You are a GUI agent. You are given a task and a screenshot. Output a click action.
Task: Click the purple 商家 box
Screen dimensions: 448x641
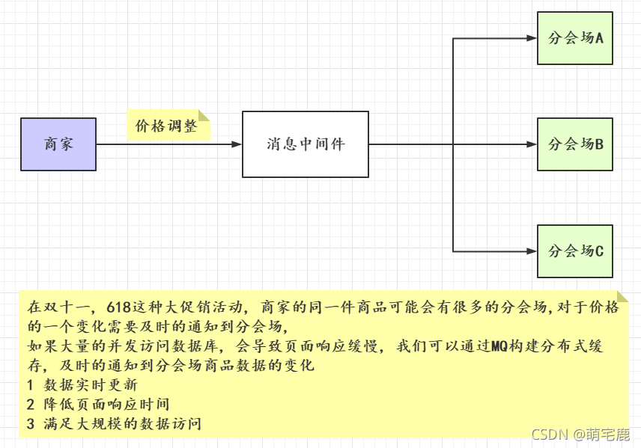[58, 144]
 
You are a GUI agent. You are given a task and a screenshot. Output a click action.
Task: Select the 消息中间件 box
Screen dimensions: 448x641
[306, 144]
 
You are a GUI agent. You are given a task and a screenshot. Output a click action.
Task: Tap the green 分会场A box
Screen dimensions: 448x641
[575, 38]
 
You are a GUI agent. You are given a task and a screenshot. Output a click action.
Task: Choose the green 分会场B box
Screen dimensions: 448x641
[575, 144]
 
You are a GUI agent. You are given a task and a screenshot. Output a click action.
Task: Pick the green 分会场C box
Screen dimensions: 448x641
[575, 251]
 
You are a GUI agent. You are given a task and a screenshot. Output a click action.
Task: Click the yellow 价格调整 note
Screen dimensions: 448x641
[166, 126]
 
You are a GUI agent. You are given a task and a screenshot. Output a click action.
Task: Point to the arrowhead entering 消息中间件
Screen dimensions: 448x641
[237, 144]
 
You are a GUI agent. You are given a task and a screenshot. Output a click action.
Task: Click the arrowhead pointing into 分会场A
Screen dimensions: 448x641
[532, 38]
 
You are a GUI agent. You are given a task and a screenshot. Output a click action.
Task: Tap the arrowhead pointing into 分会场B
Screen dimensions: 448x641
[532, 144]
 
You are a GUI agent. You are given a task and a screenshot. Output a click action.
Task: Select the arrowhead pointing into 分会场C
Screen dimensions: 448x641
[532, 251]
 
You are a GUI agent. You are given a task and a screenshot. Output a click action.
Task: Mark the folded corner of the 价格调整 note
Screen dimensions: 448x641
[204, 117]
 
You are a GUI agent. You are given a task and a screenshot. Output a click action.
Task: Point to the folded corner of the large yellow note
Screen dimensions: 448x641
[622, 297]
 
